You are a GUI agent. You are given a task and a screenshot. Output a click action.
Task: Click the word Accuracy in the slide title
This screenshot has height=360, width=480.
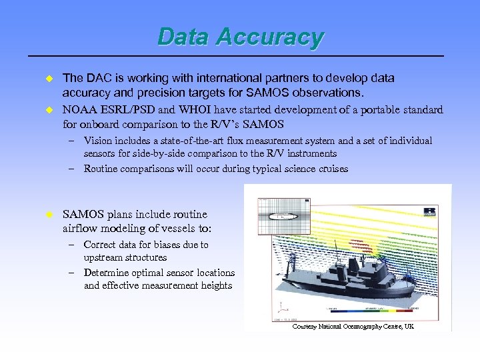274,37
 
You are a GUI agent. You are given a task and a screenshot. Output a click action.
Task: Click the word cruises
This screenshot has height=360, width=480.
330,169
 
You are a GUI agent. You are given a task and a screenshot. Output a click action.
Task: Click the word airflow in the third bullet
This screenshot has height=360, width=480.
81,229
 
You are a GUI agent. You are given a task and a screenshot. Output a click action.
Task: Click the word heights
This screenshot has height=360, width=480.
215,285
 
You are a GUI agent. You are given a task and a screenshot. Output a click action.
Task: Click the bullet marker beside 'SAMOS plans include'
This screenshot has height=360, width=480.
48,215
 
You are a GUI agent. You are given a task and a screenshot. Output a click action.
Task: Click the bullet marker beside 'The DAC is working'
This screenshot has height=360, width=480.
48,79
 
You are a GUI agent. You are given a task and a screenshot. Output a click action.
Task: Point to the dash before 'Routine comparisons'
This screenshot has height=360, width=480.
70,169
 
